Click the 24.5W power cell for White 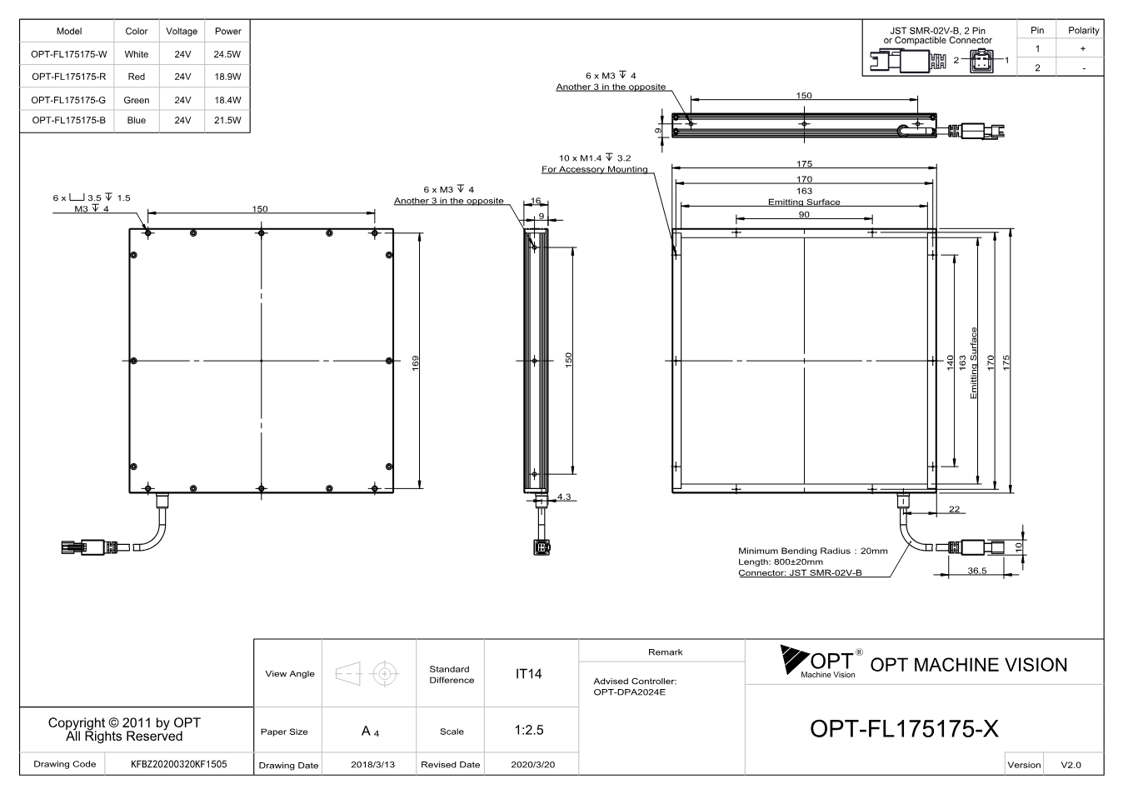227,54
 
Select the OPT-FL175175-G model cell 68,100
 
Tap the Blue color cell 137,120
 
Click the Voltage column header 182,31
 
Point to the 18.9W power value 227,77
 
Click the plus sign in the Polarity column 1083,48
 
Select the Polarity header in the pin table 1083,31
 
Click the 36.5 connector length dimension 977,571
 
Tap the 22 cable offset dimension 954,509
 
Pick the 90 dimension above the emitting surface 804,215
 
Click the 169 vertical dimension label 415,363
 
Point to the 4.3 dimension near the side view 564,497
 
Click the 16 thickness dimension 536,201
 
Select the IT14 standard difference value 528,674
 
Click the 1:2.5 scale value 529,730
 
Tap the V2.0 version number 1071,765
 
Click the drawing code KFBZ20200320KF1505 178,764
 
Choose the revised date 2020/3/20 533,765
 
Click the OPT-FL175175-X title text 904,729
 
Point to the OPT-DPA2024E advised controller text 629,692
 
